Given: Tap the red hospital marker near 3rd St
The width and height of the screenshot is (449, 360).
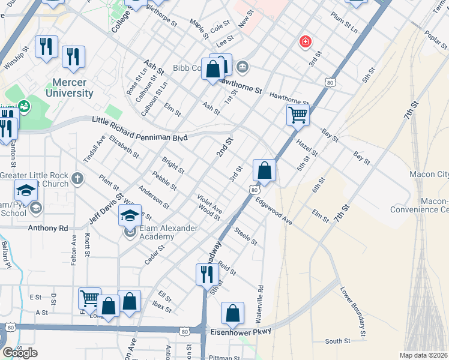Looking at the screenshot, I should click(x=306, y=41).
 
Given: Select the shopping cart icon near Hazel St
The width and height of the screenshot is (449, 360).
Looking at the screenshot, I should click(x=298, y=114).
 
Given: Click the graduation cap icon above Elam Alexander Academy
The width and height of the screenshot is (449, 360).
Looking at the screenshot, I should click(x=130, y=214).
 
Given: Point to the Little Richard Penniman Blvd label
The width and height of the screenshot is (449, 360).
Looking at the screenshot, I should click(x=139, y=129).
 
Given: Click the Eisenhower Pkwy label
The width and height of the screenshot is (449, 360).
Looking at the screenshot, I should click(x=241, y=331).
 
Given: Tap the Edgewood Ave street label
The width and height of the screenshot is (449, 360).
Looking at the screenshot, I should click(x=274, y=213).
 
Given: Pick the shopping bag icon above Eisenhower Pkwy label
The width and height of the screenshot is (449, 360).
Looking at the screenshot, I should click(x=232, y=312).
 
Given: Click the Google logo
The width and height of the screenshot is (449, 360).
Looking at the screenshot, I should click(x=20, y=353).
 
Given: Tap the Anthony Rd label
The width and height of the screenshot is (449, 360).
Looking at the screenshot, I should click(x=48, y=228).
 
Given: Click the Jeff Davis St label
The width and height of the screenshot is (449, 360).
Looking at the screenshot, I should click(x=111, y=206).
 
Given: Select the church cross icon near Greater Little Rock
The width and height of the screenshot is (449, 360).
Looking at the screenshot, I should click(x=76, y=178).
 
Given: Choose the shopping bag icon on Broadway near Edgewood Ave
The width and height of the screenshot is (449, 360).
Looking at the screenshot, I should click(x=264, y=170).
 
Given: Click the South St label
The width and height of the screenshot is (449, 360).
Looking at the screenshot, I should click(x=337, y=341).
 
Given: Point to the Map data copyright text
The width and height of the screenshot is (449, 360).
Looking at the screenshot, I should click(x=424, y=355).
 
